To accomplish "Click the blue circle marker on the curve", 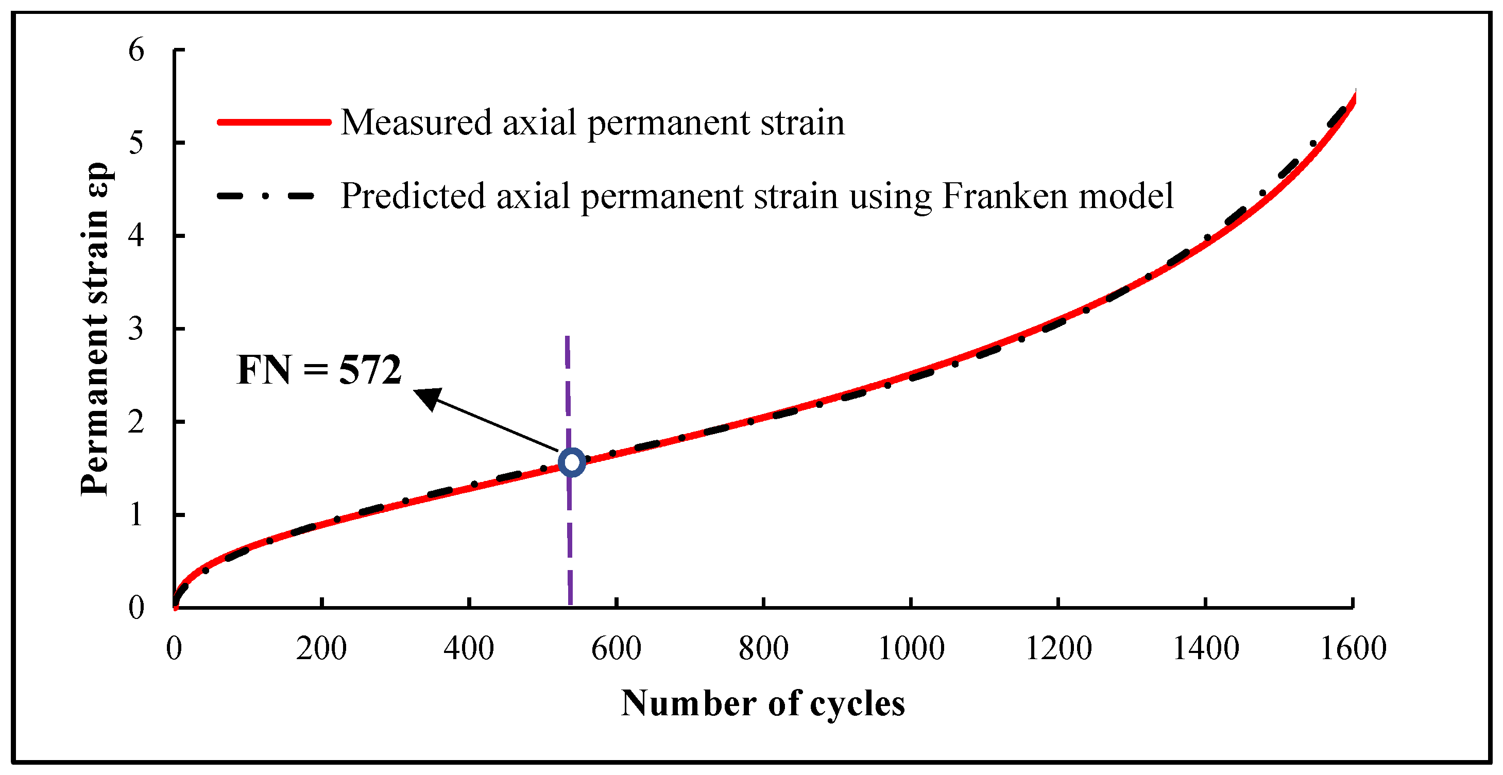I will [572, 462].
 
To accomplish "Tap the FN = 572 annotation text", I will [319, 370].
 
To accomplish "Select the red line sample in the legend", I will [274, 122].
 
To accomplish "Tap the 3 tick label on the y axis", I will [136, 330].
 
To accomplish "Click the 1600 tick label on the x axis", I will [1353, 648].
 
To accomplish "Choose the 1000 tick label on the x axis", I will [911, 648].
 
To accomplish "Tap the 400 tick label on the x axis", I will [469, 648].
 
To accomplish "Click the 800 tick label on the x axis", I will [763, 648].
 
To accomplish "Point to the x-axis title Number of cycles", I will [763, 703].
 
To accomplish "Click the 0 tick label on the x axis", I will [174, 648].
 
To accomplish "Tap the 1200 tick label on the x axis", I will [1058, 648].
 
